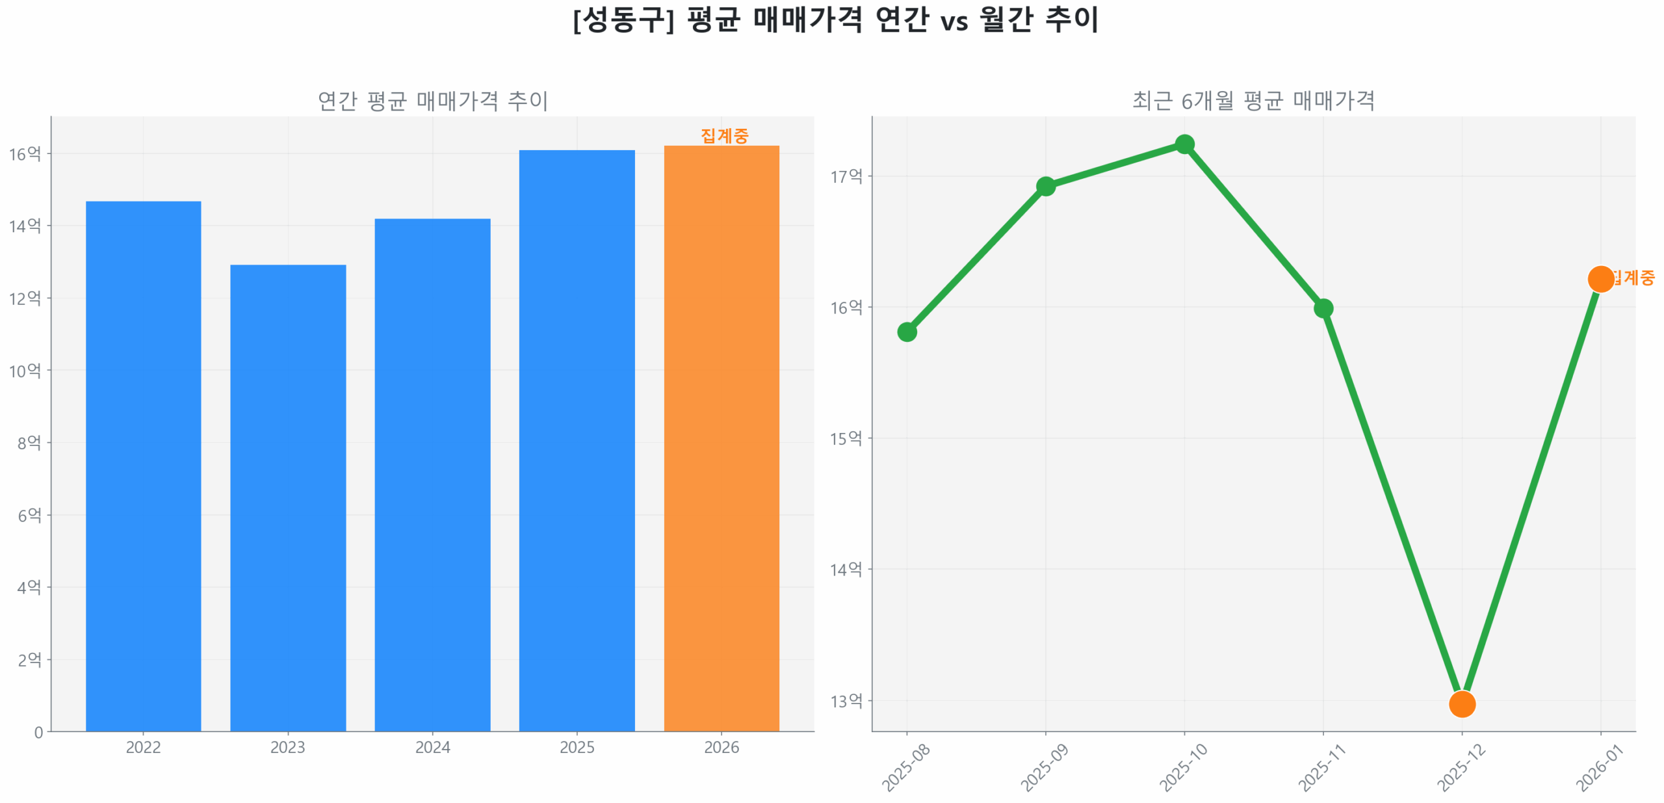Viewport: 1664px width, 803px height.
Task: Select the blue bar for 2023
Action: (x=288, y=497)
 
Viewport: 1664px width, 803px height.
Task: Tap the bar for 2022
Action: (x=143, y=466)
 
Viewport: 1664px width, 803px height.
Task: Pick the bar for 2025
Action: (x=577, y=440)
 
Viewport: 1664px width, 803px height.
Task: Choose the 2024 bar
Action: (x=432, y=475)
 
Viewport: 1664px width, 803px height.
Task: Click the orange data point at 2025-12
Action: (x=1461, y=704)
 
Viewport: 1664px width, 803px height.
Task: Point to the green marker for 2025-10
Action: (x=1184, y=144)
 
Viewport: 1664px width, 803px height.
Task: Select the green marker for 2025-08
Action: (x=907, y=332)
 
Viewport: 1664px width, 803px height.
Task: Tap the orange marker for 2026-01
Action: (x=1600, y=279)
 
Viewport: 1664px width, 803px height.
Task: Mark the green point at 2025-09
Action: (x=1045, y=187)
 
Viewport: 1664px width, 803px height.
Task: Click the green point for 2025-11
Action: (x=1323, y=308)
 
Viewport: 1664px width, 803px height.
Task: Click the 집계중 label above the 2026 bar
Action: (x=724, y=135)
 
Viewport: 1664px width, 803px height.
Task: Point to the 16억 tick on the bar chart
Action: (x=25, y=154)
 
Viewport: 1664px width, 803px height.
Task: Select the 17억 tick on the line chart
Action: (x=846, y=176)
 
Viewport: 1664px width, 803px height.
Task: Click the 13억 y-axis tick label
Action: (x=846, y=701)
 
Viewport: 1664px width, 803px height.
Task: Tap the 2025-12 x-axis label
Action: (x=1460, y=768)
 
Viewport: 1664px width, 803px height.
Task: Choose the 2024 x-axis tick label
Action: (x=432, y=747)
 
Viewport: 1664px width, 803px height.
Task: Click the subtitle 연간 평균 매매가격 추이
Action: (x=432, y=101)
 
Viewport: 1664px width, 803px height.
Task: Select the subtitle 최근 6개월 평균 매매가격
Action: (x=1253, y=101)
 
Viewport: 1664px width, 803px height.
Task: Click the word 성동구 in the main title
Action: (x=623, y=20)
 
